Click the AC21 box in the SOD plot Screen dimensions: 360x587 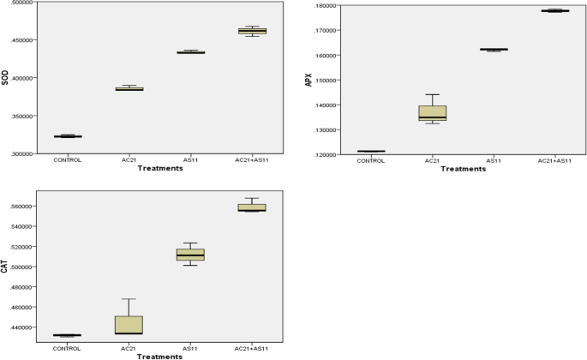[129, 88]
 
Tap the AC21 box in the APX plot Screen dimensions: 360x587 [433, 112]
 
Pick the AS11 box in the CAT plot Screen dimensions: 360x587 [190, 255]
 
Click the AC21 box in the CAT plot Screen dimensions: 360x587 [129, 325]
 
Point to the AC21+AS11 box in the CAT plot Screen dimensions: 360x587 [252, 207]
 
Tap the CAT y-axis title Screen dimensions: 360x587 [5, 268]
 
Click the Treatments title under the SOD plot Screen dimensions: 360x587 [159, 168]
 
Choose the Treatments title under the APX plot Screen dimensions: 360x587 [464, 168]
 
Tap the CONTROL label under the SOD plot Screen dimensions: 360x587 [68, 159]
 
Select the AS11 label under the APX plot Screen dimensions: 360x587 [494, 159]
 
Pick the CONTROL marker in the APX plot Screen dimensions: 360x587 [371, 151]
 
